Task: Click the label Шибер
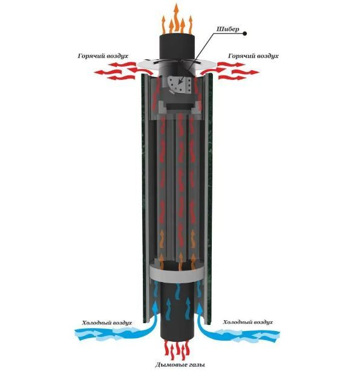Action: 228,29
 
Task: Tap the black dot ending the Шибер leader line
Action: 245,34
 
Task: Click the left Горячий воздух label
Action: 103,56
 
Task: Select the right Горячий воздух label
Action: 253,56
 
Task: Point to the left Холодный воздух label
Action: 107,323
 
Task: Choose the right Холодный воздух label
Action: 248,322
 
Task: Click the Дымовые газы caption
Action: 180,364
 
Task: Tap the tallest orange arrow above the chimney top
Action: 176,18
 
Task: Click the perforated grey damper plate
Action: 179,85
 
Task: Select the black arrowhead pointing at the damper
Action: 180,82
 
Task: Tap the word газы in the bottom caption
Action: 195,364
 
